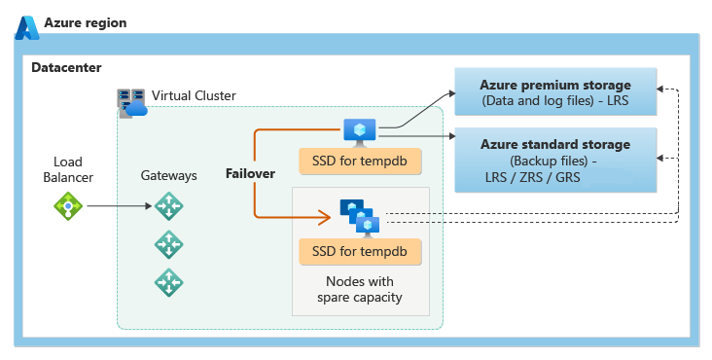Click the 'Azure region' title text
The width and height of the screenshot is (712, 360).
pyautogui.click(x=85, y=22)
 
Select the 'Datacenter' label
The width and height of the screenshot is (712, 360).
pyautogui.click(x=66, y=67)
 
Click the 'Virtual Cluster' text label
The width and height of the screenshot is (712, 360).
pyautogui.click(x=194, y=95)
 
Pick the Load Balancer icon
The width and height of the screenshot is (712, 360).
pyautogui.click(x=68, y=205)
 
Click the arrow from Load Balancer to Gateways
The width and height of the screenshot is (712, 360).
pyautogui.click(x=117, y=205)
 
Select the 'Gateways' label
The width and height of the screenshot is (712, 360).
pyautogui.click(x=168, y=175)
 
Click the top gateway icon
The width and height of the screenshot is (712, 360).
pyautogui.click(x=168, y=206)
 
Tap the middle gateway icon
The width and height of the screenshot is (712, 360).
pyautogui.click(x=168, y=244)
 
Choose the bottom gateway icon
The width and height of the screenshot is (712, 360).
pyautogui.click(x=168, y=282)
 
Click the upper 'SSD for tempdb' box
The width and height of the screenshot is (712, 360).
pyautogui.click(x=359, y=161)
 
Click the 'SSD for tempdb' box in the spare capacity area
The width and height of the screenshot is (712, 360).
pyautogui.click(x=360, y=253)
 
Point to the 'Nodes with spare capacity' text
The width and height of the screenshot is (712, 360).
pyautogui.click(x=360, y=288)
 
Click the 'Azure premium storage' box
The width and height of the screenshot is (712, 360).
pyautogui.click(x=555, y=92)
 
